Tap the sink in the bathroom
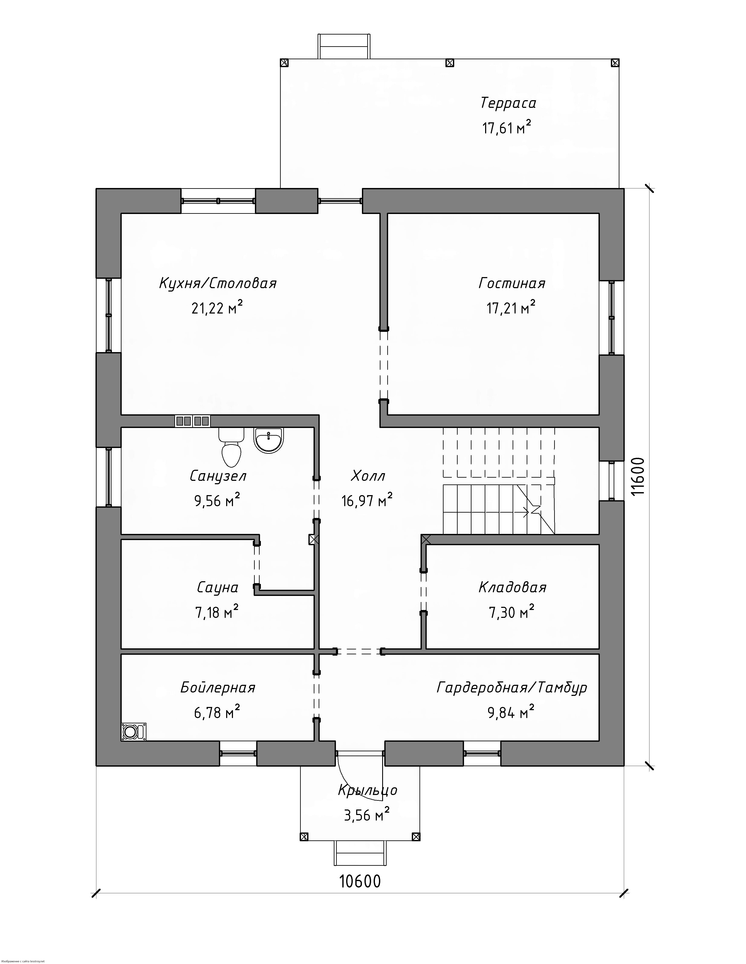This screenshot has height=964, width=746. point(268,440)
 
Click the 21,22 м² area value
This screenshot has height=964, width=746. point(217,308)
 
